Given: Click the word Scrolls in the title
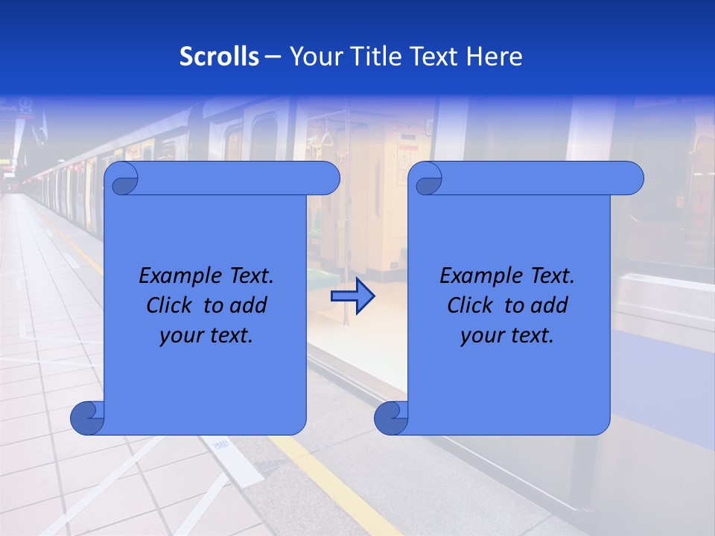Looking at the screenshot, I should (x=219, y=57).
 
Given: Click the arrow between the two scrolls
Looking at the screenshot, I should (x=352, y=296).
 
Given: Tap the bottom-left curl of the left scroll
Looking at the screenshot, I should (x=87, y=418).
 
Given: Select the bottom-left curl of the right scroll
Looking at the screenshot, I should (x=391, y=418).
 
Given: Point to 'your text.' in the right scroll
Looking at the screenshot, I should (x=507, y=336).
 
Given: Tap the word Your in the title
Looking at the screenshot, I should (x=313, y=57).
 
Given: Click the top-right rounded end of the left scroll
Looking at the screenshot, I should (x=326, y=179).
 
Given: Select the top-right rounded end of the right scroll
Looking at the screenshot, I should (x=630, y=179).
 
